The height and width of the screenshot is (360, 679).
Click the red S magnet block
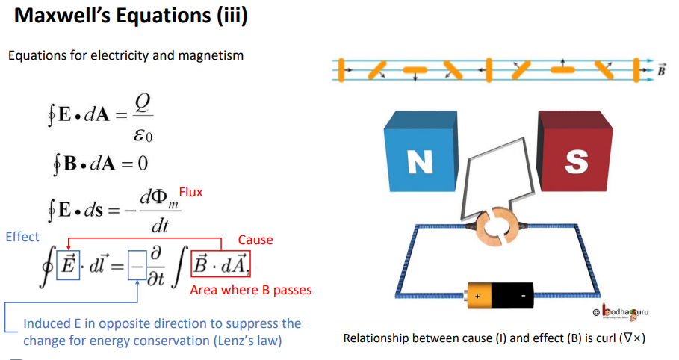[x=575, y=160]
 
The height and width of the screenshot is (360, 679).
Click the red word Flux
[x=190, y=193]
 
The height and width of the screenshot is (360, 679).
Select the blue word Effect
[x=22, y=237]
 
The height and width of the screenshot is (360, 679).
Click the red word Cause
[x=255, y=240]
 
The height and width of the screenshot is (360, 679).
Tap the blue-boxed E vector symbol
[x=68, y=266]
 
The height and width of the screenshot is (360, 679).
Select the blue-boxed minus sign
[x=137, y=266]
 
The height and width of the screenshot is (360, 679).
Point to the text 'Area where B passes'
[x=251, y=290]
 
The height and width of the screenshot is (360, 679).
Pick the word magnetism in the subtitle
[x=212, y=55]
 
